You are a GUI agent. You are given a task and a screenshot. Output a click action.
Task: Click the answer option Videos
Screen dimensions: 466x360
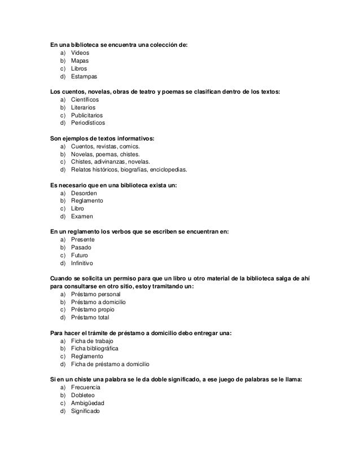pyautogui.click(x=81, y=52)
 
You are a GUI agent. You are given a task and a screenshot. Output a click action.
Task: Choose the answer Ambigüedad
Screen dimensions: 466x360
pyautogui.click(x=87, y=403)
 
